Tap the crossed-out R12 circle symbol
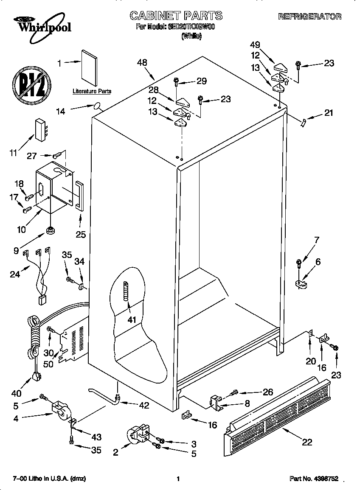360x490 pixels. pos(31,85)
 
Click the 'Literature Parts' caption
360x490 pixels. pos(92,91)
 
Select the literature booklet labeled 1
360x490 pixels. pos(90,67)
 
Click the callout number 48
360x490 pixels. pos(142,62)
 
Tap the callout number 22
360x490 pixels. pos(307,442)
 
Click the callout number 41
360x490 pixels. pos(132,319)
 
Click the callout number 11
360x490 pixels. pos(14,153)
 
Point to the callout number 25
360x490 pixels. pos(80,234)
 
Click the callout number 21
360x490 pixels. pos(329,113)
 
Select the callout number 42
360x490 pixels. pos(144,405)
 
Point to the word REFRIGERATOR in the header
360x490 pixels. pos(309,17)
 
